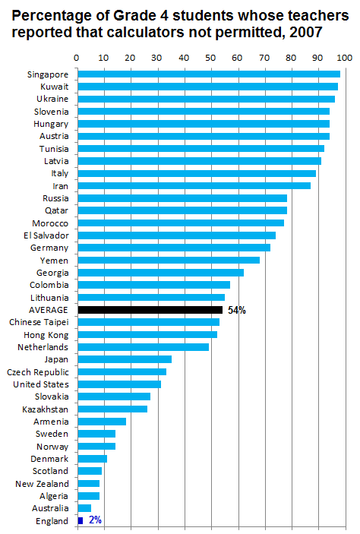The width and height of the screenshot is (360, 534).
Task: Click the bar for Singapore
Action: point(209,74)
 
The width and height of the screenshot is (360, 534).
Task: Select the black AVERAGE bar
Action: point(150,310)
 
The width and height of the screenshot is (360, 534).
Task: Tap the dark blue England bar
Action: point(81,521)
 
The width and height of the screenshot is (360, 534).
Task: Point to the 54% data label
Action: point(237,310)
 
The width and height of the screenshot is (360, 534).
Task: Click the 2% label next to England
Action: point(95,520)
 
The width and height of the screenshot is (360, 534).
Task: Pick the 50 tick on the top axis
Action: point(210,58)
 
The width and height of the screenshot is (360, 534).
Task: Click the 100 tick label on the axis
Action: point(345,58)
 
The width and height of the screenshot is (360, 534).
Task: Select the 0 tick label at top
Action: point(77,58)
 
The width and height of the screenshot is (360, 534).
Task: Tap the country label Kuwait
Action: point(55,87)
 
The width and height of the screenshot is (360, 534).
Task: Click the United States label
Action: point(41,384)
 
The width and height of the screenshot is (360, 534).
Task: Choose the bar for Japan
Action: point(125,359)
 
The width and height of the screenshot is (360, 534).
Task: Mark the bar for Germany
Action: point(174,248)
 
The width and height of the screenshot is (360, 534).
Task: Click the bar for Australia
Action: point(84,508)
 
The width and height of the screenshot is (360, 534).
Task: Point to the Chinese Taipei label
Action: point(39,322)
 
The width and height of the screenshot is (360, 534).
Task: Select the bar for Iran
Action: point(194,185)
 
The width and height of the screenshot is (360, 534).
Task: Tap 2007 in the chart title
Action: point(306,33)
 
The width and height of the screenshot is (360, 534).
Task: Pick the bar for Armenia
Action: point(102,422)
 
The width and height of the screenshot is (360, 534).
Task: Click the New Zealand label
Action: point(43,484)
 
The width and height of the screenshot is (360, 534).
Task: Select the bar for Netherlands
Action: point(144,347)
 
